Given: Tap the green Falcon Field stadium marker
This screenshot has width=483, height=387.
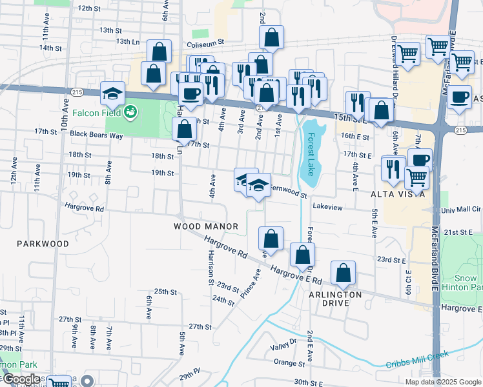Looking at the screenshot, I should [x=131, y=112].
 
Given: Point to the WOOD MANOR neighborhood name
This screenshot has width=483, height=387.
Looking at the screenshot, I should [x=206, y=226].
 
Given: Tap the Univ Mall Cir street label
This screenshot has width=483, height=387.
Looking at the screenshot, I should [x=462, y=210].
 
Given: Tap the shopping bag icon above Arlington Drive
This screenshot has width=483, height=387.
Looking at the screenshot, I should [x=344, y=273].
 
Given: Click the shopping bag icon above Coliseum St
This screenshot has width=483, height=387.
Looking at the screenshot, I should [x=272, y=38].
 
